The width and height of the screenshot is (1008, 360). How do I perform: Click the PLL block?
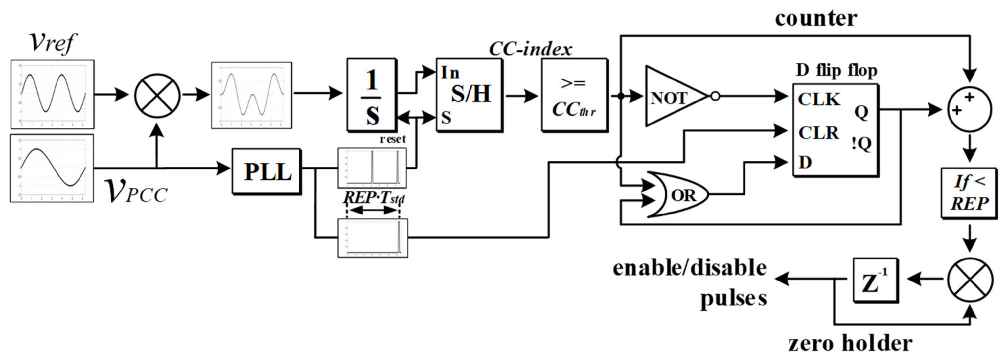pyautogui.click(x=266, y=171)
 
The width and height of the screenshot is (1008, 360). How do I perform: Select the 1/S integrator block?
pyautogui.click(x=371, y=95)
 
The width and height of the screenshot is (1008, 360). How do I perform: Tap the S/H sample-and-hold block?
pyautogui.click(x=469, y=95)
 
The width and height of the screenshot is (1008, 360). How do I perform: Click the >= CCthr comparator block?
pyautogui.click(x=574, y=95)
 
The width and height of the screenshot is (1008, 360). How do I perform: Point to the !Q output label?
pyautogui.click(x=861, y=144)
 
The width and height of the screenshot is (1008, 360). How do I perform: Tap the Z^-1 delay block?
pyautogui.click(x=875, y=280)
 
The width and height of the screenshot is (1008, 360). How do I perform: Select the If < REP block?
pyautogui.click(x=969, y=192)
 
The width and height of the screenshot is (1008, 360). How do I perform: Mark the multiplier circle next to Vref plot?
pyautogui.click(x=157, y=95)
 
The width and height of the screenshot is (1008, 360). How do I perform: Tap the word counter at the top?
pyautogui.click(x=816, y=18)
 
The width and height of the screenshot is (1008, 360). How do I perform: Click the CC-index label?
pyautogui.click(x=530, y=49)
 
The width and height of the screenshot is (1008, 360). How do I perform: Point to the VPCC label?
pyautogui.click(x=136, y=191)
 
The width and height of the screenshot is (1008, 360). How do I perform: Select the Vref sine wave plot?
pyautogui.click(x=53, y=94)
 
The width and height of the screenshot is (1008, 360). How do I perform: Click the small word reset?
pyautogui.click(x=393, y=139)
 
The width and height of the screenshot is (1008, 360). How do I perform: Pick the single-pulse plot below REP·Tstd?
pyautogui.click(x=373, y=238)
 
